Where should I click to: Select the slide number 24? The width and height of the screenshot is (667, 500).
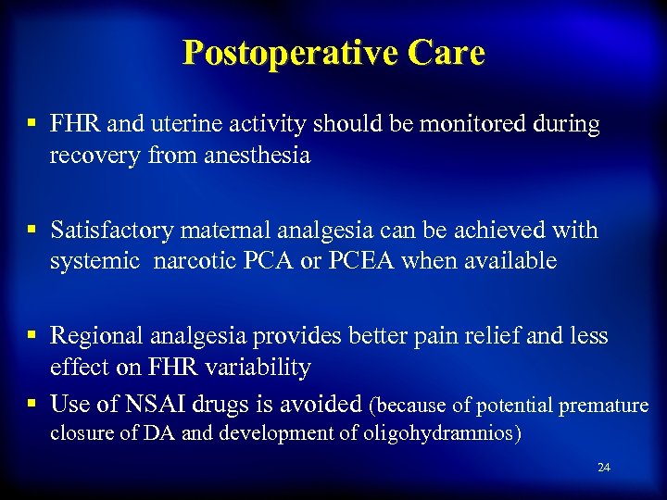604,468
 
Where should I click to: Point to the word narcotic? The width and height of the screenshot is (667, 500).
194,261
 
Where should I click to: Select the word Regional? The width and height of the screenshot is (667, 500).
96,335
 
